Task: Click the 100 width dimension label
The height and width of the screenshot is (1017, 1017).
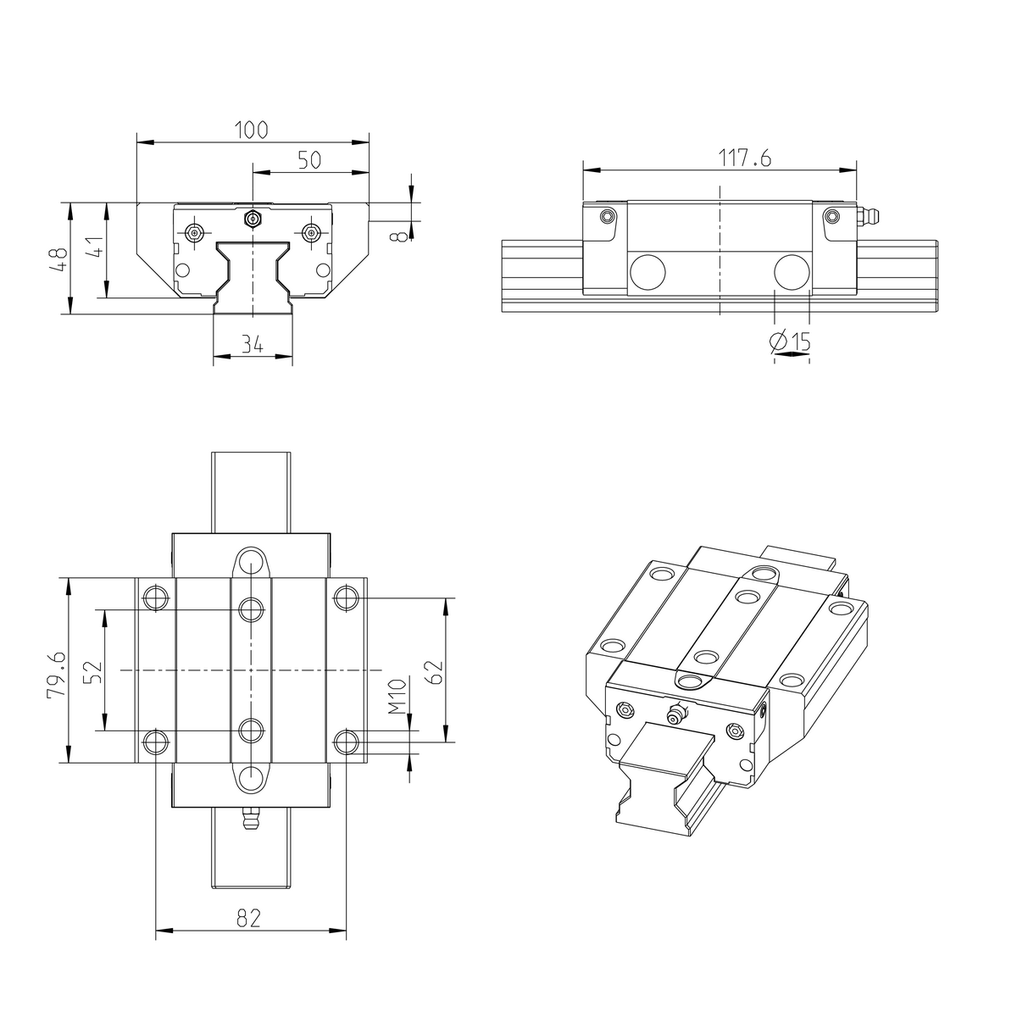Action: click(x=252, y=130)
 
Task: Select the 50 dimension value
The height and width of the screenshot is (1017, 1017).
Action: click(x=309, y=160)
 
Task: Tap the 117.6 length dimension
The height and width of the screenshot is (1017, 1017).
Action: click(x=720, y=158)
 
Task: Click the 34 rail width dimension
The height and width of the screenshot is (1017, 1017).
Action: click(x=252, y=344)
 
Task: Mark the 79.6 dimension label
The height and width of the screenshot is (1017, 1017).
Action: click(x=57, y=674)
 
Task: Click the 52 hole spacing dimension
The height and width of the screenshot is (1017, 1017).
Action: click(x=94, y=671)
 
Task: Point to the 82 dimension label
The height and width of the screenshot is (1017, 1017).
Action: click(x=249, y=918)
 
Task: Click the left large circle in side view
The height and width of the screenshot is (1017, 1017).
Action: click(x=647, y=271)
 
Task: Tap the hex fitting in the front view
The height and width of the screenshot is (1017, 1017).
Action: click(x=252, y=219)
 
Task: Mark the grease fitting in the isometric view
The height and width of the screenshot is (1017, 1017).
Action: click(x=675, y=714)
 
